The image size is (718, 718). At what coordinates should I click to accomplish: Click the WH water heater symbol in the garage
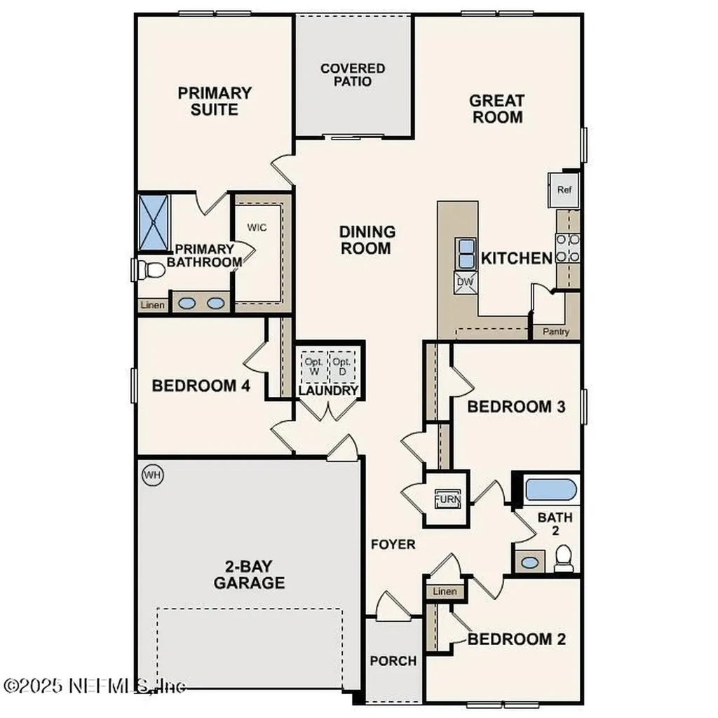pyautogui.click(x=152, y=475)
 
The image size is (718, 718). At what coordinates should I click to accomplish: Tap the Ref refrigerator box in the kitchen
pyautogui.click(x=564, y=189)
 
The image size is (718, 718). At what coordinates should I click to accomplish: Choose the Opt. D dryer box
pyautogui.click(x=341, y=365)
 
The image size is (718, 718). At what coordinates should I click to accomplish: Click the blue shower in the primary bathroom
pyautogui.click(x=154, y=222)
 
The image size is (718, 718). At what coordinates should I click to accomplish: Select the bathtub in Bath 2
pyautogui.click(x=551, y=489)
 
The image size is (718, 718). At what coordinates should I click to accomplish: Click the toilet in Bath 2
pyautogui.click(x=564, y=559)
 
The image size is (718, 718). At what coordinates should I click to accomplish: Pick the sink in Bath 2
pyautogui.click(x=530, y=562)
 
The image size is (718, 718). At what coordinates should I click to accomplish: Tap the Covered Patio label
pyautogui.click(x=353, y=75)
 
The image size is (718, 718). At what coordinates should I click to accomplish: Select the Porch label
pyautogui.click(x=393, y=661)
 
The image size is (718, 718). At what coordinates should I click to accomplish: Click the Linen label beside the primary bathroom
pyautogui.click(x=153, y=305)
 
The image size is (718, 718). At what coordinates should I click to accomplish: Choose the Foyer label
pyautogui.click(x=393, y=544)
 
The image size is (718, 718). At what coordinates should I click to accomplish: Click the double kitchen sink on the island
pyautogui.click(x=466, y=253)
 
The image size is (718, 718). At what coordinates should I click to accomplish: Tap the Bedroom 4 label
pyautogui.click(x=201, y=386)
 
